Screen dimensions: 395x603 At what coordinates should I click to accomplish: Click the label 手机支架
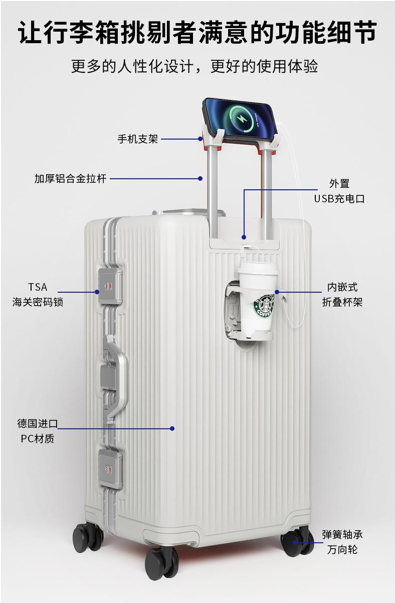point(137,139)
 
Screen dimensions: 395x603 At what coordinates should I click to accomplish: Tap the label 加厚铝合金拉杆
point(70,178)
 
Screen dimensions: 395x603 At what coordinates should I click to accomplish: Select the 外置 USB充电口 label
point(339,191)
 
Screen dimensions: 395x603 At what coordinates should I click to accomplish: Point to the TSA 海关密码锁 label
point(38,294)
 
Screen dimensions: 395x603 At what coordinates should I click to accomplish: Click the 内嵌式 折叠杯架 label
point(342,294)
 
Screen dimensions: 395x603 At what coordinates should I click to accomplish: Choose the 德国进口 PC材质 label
point(38,431)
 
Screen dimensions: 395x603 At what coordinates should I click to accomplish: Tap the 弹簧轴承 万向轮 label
point(342,542)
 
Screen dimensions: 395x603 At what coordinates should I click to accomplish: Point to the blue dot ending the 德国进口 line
point(172,428)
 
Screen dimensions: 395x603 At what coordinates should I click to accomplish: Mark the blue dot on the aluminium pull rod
point(200,178)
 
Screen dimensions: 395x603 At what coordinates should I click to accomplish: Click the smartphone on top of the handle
point(239,119)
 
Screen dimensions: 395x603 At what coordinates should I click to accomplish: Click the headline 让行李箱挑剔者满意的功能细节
point(197,33)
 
